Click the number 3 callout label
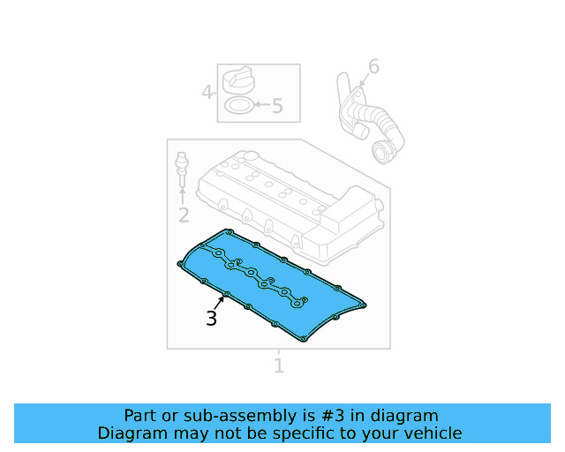click(x=211, y=319)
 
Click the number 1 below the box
click(x=279, y=365)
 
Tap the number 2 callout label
click(x=184, y=215)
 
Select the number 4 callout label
click(x=207, y=92)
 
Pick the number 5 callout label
click(x=277, y=107)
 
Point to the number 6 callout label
click(x=373, y=66)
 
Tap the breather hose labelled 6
click(x=365, y=119)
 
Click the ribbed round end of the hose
click(x=384, y=153)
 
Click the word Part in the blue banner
click(x=140, y=415)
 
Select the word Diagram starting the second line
click(x=132, y=433)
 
